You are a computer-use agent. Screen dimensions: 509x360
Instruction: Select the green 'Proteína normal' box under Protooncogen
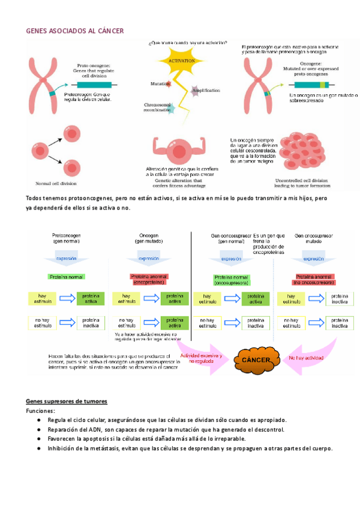(x=66, y=278)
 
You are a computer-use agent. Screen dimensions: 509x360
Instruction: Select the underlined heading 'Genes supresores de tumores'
(x=67, y=401)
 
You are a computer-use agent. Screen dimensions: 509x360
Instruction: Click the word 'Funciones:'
(x=40, y=411)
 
